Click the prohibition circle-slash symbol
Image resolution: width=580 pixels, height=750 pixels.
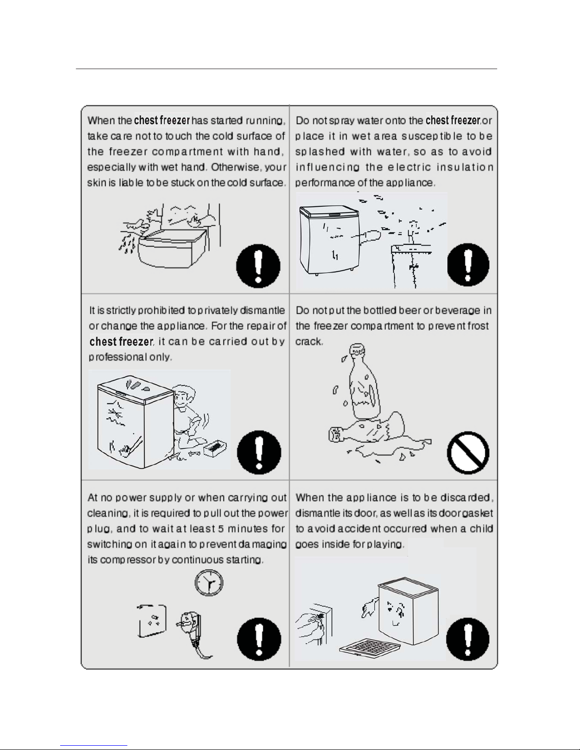468,452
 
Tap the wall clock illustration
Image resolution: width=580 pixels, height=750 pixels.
209,582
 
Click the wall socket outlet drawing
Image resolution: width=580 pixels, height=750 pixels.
152,621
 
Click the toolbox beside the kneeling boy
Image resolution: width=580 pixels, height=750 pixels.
215,448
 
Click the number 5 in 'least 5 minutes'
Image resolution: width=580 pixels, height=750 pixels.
221,529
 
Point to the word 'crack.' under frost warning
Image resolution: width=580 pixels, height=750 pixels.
309,341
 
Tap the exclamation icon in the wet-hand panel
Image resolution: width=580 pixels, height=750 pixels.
258,266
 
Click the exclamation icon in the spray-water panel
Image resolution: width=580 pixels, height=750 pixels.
468,265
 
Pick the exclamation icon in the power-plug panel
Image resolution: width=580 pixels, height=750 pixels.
259,639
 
